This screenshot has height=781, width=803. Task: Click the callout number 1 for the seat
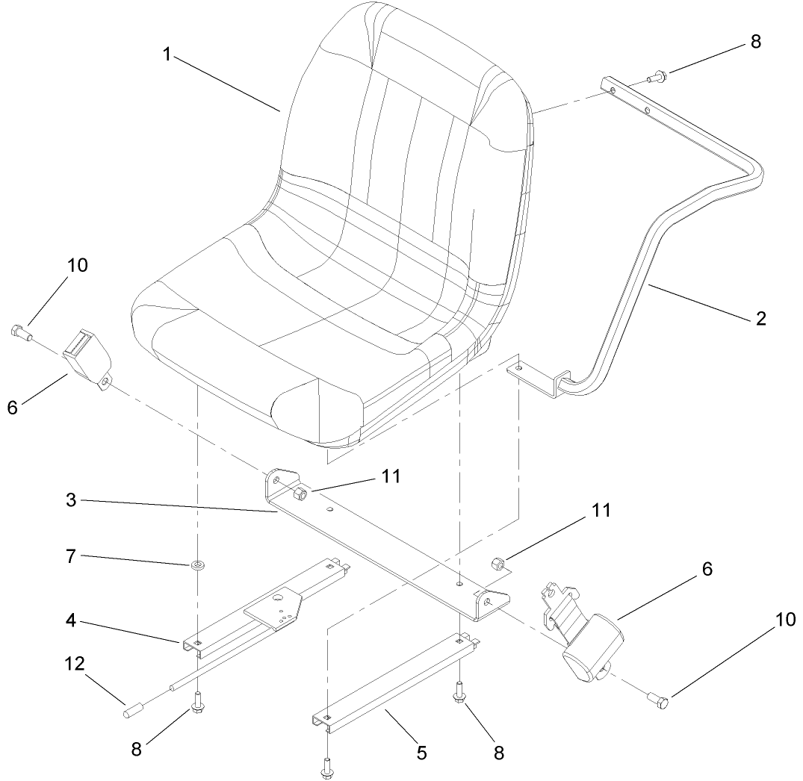(x=168, y=55)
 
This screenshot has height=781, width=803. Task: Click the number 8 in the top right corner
(x=755, y=42)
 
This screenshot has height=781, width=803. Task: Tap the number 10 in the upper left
(x=76, y=266)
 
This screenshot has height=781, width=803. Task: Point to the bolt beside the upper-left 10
(x=20, y=332)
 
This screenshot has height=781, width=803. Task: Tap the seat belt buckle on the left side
(x=84, y=358)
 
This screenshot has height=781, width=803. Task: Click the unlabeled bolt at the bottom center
(x=326, y=768)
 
